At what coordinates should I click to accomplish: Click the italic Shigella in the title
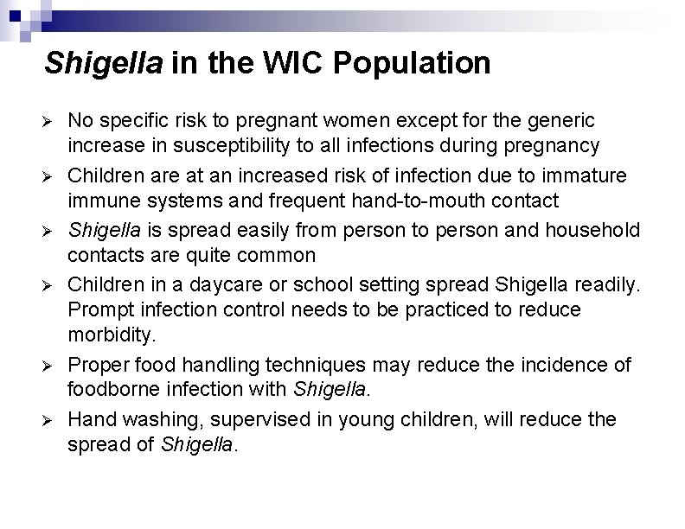(103, 63)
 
